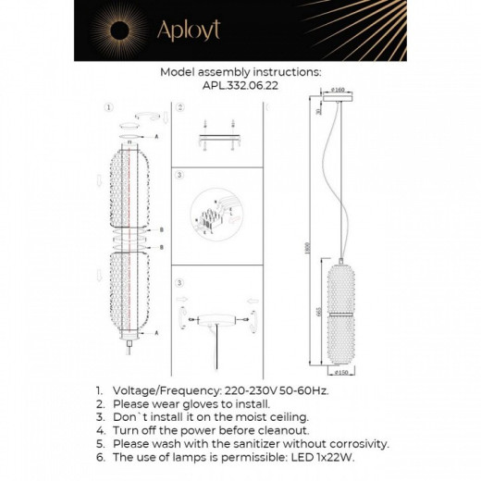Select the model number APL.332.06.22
[240, 83]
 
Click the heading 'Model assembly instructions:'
[240, 71]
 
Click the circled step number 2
[179, 107]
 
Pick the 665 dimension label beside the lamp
[320, 313]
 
